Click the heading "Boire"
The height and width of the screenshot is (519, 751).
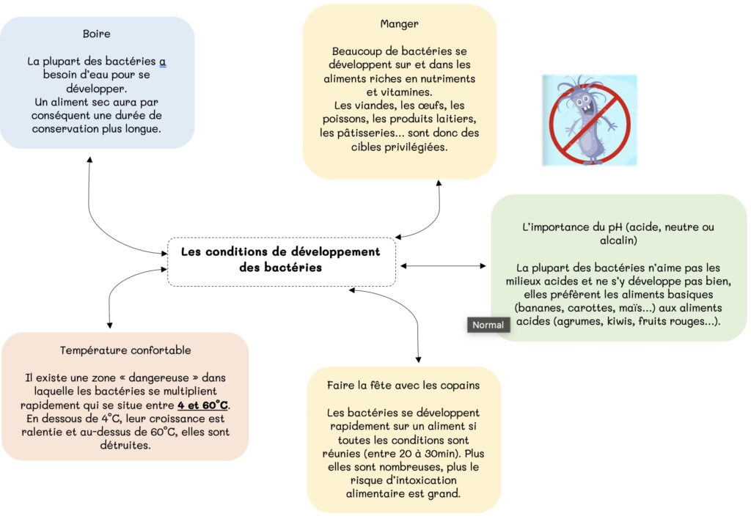pyautogui.click(x=96, y=34)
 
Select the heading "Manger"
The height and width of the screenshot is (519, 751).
pyautogui.click(x=399, y=24)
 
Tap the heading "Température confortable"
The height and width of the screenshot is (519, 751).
pyautogui.click(x=125, y=350)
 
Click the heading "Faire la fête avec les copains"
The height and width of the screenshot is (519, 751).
pyautogui.click(x=403, y=385)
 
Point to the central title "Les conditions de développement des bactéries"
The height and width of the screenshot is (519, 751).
pyautogui.click(x=281, y=259)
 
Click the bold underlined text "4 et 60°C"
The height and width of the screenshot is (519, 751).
pyautogui.click(x=202, y=405)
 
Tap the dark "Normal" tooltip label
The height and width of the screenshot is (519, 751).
pyautogui.click(x=488, y=325)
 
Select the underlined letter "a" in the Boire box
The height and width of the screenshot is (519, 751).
pyautogui.click(x=162, y=62)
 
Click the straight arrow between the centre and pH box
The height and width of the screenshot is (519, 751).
pyautogui.click(x=443, y=265)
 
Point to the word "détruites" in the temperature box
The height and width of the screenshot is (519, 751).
pyautogui.click(x=125, y=445)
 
